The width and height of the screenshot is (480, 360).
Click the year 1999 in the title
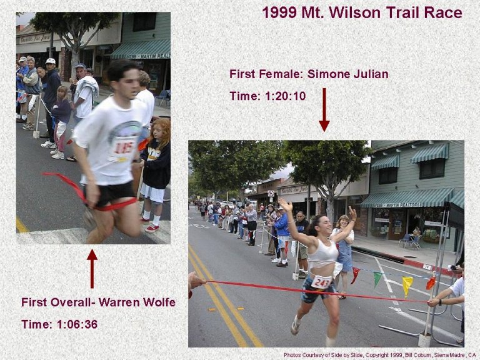pos(279,13)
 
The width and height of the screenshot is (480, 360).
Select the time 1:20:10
pos(285,96)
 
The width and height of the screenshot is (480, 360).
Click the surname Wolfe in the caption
pos(159,302)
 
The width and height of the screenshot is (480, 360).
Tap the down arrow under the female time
pos(324,109)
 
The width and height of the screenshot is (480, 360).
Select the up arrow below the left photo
pos(92,269)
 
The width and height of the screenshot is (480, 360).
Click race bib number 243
pos(321,282)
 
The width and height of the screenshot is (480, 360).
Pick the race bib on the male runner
pos(123,149)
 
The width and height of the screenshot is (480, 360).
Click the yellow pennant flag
pos(407,286)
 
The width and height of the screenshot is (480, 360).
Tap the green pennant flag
pos(377,279)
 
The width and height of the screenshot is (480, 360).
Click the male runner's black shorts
pos(111,194)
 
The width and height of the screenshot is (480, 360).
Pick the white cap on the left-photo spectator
pos(51,61)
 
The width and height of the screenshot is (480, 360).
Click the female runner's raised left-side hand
pos(285,204)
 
